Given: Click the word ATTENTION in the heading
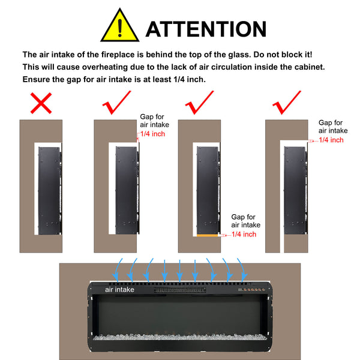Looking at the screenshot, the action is pos(206,29).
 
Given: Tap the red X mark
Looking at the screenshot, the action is pos(41,103).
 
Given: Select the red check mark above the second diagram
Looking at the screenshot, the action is pos(117,103).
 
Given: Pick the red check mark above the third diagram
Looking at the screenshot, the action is pos(200,103).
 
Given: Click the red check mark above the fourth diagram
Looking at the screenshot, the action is pos(287,103).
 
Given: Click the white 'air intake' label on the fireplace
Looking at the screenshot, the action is pos(119,290).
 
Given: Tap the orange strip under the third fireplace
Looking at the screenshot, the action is pos(208,235).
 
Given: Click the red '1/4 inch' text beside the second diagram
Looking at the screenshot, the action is pos(152,134).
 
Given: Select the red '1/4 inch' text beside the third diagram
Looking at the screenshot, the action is pos(244,234).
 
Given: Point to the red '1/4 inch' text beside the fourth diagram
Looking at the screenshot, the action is pos(331,140).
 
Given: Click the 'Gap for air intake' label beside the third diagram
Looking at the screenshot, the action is pos(245,221).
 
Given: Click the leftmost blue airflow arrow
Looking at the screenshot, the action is pos(118,269).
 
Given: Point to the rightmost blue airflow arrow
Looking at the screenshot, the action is pos(242,269).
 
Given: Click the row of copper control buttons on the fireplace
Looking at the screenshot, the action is pos(251,290).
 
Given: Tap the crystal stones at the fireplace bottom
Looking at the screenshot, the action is pos(180,337).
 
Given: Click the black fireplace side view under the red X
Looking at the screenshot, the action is pos(50,191).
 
